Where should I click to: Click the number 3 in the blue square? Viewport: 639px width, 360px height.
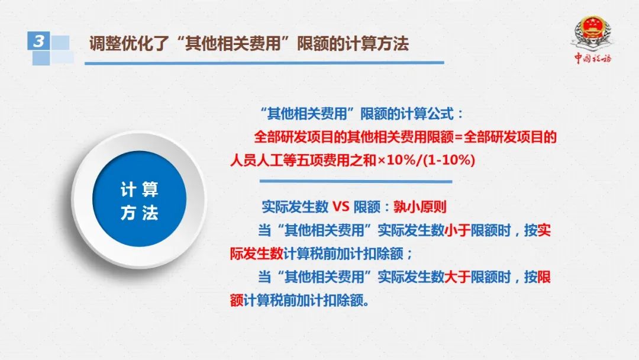pyautogui.click(x=38, y=41)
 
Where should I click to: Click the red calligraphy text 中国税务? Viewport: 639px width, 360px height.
pyautogui.click(x=593, y=58)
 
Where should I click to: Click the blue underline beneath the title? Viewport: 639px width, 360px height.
pyautogui.click(x=264, y=63)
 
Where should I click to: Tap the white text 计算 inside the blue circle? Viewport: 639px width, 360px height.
pyautogui.click(x=140, y=189)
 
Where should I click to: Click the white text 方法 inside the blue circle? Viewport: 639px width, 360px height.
pyautogui.click(x=140, y=213)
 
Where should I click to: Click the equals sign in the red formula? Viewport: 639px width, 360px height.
pyautogui.click(x=459, y=137)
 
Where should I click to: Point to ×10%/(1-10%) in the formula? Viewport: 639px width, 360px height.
pyautogui.click(x=426, y=160)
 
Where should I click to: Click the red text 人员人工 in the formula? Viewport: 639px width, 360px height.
pyautogui.click(x=256, y=160)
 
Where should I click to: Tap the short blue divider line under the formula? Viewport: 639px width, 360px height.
pyautogui.click(x=356, y=181)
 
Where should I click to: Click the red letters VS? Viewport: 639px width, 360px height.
pyautogui.click(x=341, y=207)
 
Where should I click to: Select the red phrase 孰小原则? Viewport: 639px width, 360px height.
pyautogui.click(x=419, y=207)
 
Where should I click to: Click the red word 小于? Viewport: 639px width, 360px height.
pyautogui.click(x=457, y=230)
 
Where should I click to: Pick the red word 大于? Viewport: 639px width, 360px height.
pyautogui.click(x=457, y=277)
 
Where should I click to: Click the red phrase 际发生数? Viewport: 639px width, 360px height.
pyautogui.click(x=257, y=253)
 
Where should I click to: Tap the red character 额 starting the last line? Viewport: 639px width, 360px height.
pyautogui.click(x=237, y=300)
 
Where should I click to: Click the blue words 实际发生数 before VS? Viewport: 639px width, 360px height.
pyautogui.click(x=295, y=207)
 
